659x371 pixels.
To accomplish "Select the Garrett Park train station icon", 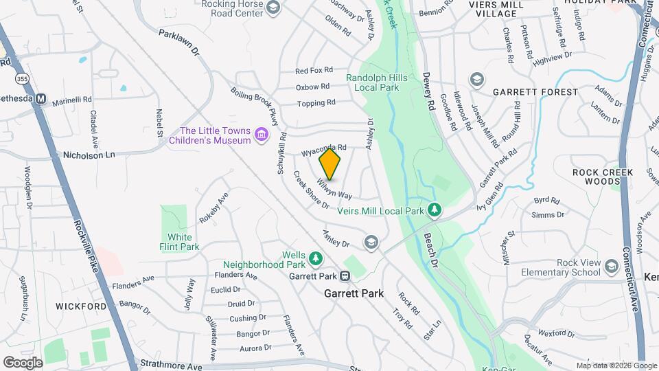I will coord(345,276).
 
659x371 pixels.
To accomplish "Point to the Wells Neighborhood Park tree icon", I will coord(316,258).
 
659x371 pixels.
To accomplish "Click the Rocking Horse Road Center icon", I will coord(273,8).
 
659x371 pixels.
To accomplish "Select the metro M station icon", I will coord(41,99).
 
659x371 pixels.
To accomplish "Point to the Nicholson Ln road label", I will coord(89,155).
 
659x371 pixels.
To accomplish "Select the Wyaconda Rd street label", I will coord(323,148).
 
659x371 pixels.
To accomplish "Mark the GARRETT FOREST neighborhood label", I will coord(535,91).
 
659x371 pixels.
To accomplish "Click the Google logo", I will coord(23,362).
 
